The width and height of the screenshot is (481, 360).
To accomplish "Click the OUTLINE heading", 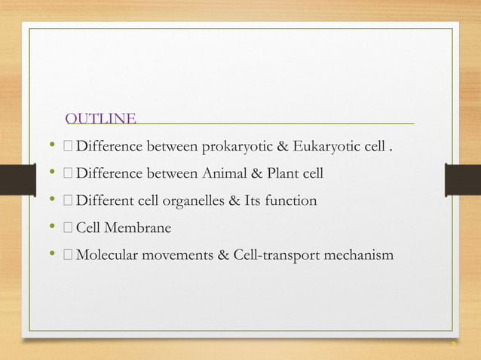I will point(101,119).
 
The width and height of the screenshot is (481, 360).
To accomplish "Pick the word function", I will point(290,202).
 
